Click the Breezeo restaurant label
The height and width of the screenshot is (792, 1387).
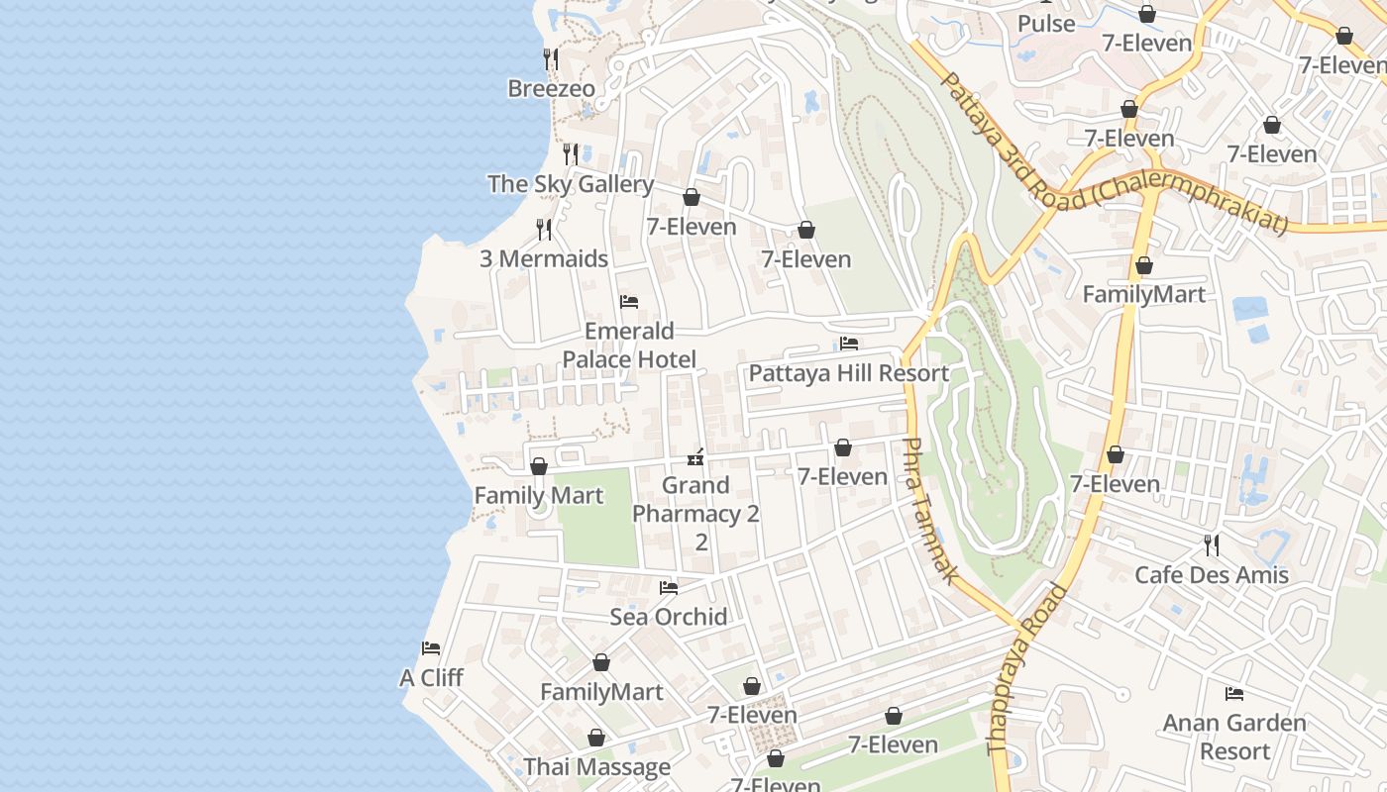coord(551,89)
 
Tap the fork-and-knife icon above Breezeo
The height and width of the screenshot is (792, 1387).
coord(550,59)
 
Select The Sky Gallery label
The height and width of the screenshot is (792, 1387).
coord(570,184)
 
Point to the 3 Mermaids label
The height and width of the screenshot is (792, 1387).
coord(543,259)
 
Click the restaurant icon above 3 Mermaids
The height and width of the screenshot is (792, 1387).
coord(543,230)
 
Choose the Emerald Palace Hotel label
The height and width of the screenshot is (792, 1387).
coord(629,345)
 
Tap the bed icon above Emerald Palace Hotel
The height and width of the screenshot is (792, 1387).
coord(628,302)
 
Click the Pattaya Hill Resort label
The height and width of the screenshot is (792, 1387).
coord(848,373)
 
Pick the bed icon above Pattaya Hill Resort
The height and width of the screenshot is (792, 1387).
coord(848,344)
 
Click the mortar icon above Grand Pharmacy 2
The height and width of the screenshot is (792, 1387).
coord(695,456)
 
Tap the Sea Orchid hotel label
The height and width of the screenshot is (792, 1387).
coord(668,617)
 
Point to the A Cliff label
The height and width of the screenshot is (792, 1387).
coord(431,678)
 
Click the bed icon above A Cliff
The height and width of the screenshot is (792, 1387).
coord(430,648)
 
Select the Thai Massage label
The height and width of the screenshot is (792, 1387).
coord(596,767)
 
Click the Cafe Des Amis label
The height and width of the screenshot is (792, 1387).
coord(1211,575)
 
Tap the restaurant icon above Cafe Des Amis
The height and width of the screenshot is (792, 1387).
coord(1211,544)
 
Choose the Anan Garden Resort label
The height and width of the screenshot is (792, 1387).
coord(1233,737)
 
